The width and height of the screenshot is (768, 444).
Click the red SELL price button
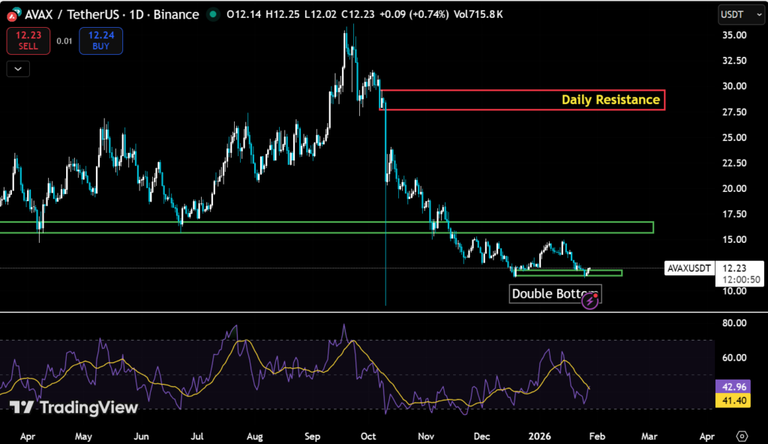coord(28,40)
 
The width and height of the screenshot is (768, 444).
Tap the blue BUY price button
coord(100,40)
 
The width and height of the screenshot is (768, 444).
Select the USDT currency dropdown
coord(734,14)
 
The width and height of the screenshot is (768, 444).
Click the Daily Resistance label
coord(611,99)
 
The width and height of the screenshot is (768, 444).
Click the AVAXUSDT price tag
coord(688,268)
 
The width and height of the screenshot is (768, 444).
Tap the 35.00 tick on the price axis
coord(733,35)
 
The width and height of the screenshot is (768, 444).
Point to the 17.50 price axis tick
coord(733,214)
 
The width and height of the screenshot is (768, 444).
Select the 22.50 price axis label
coord(733,163)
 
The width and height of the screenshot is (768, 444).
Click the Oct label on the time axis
coord(369,435)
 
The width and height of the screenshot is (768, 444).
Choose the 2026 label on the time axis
coord(540,435)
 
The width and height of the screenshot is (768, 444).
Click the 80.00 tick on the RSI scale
coord(733,323)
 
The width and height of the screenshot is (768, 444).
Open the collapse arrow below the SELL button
coord(17,69)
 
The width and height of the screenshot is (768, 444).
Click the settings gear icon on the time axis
coord(742,436)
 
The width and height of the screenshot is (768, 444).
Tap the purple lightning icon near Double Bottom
coord(590,301)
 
